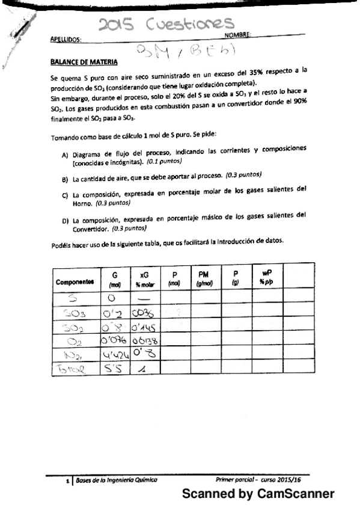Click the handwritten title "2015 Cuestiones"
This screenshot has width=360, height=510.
(166, 24)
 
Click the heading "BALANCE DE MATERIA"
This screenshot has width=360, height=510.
(84, 62)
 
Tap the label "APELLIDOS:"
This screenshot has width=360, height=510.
(66, 39)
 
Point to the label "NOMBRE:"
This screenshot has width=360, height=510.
(237, 35)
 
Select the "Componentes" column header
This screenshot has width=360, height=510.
(75, 281)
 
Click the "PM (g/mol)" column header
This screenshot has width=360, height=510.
(206, 277)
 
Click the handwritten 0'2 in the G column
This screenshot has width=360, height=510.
(112, 312)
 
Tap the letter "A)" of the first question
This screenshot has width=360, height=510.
(66, 156)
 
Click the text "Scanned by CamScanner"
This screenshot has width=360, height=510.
(258, 494)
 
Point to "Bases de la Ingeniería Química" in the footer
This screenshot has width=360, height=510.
(115, 479)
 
